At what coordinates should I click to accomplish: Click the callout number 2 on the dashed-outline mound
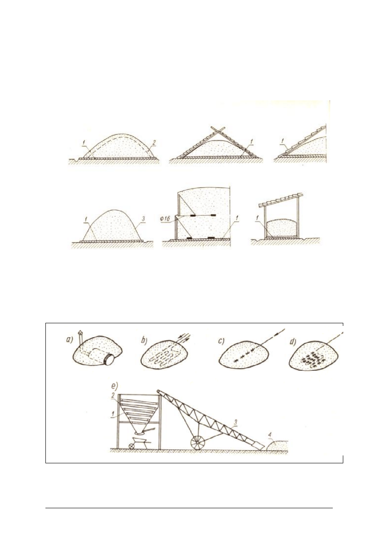point(154,142)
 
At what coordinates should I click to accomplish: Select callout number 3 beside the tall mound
point(142,219)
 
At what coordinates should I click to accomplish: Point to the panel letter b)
point(144,340)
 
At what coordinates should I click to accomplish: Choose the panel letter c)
point(221,342)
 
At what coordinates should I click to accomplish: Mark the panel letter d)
point(293,342)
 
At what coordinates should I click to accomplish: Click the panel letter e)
point(115,386)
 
